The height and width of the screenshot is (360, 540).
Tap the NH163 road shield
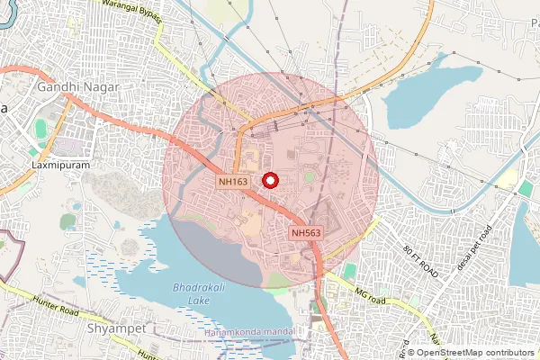pyautogui.click(x=233, y=182)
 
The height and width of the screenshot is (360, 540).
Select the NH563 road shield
pyautogui.click(x=306, y=233)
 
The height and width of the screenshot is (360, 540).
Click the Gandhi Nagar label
pyautogui.click(x=78, y=87)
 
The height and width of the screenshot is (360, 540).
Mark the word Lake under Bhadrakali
pyautogui.click(x=192, y=300)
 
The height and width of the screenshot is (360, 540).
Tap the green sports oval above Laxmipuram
pyautogui.click(x=40, y=129)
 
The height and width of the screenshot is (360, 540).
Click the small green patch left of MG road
pyautogui.click(x=349, y=271)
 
